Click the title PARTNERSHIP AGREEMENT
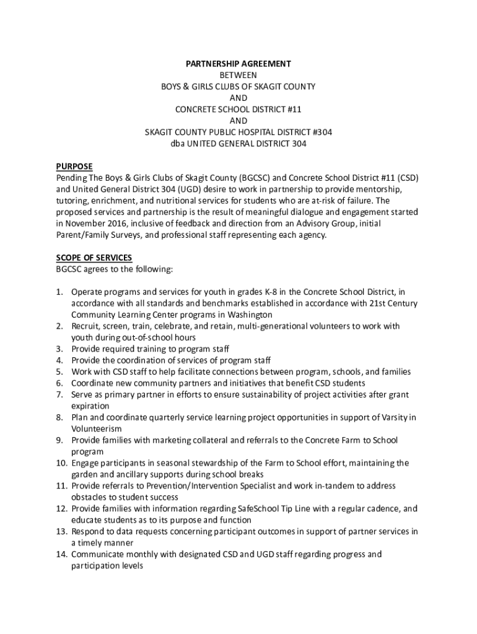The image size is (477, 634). pyautogui.click(x=239, y=64)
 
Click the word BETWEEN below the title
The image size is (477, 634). pyautogui.click(x=239, y=75)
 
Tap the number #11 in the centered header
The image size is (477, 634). pyautogui.click(x=292, y=109)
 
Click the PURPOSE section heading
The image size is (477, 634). pyautogui.click(x=74, y=166)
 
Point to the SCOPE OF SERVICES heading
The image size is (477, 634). pyautogui.click(x=94, y=258)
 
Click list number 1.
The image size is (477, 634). pyautogui.click(x=60, y=292)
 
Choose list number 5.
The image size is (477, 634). pyautogui.click(x=60, y=371)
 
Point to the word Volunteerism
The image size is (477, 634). pyautogui.click(x=96, y=428)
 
